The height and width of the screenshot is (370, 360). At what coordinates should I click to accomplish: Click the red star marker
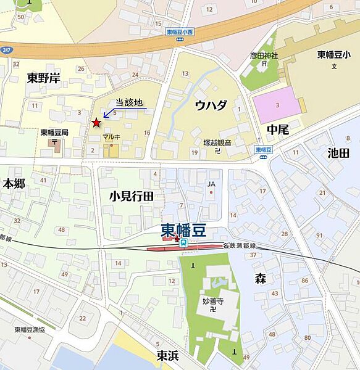(x=96, y=123)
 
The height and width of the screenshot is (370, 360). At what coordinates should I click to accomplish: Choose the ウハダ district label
(x=211, y=105)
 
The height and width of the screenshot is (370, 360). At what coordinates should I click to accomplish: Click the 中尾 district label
(x=278, y=130)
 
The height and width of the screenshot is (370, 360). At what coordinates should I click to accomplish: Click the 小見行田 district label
(x=132, y=196)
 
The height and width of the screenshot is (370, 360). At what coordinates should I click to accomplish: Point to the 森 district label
(x=261, y=279)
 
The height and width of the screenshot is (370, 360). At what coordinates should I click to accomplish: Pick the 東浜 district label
(x=168, y=355)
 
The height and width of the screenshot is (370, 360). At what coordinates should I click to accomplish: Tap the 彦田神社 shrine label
(x=264, y=55)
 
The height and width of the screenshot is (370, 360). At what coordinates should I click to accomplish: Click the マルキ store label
(x=111, y=137)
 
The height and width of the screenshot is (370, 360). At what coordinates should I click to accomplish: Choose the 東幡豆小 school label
(x=334, y=54)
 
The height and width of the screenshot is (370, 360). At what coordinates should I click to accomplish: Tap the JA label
(x=211, y=183)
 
